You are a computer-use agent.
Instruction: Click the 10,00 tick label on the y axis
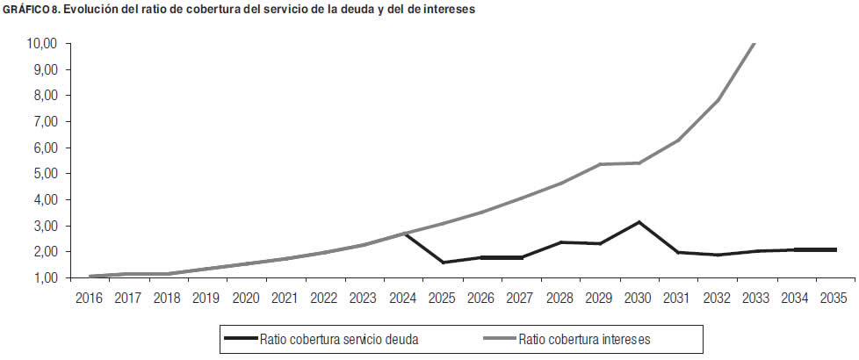(42, 43)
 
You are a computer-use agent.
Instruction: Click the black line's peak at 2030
(639, 221)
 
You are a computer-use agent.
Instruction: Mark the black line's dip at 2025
(443, 263)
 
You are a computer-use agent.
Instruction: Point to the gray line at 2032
(718, 100)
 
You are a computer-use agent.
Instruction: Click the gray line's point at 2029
(600, 164)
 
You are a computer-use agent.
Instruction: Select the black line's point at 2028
(560, 242)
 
